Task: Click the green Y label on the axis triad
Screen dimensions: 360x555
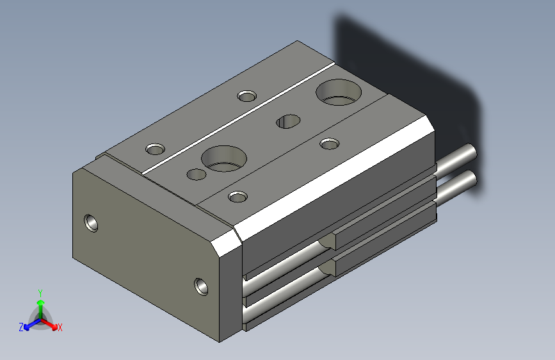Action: (x=40, y=291)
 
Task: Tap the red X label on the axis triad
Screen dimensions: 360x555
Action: (x=60, y=327)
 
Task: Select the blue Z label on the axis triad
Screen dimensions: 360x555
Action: (x=20, y=327)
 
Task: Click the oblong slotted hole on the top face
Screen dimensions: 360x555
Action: (x=288, y=121)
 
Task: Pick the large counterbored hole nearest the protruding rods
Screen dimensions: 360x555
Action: (x=339, y=93)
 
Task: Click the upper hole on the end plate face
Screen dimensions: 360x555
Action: (x=93, y=223)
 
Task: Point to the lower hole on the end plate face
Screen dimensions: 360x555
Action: (x=202, y=284)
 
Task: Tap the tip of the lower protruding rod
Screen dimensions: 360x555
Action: (x=472, y=180)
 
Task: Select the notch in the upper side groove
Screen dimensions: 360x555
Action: (x=328, y=241)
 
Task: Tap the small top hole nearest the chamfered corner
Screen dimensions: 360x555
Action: (x=238, y=195)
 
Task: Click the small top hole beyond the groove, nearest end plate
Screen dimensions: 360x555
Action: (x=155, y=149)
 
